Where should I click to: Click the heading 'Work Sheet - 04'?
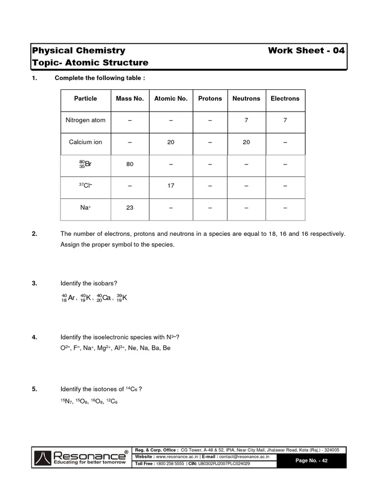click(307, 50)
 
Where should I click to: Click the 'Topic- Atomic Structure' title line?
click(90, 62)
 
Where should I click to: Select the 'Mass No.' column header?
click(129, 98)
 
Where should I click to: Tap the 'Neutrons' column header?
click(246, 98)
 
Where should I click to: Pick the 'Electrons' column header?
click(285, 98)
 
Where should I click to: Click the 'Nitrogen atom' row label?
click(86, 120)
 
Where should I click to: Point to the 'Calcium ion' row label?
click(86, 142)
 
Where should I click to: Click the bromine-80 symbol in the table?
click(86, 164)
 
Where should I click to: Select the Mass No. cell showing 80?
click(129, 164)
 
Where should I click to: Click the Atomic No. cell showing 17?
click(171, 186)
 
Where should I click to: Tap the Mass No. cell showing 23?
click(129, 208)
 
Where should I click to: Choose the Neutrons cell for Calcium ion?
click(246, 142)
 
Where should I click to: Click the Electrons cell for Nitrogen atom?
click(285, 120)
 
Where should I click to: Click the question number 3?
click(34, 283)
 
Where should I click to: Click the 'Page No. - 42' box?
click(311, 460)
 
